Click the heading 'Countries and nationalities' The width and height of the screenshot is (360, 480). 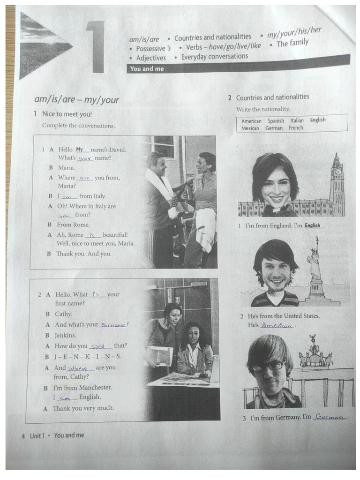[x=272, y=97]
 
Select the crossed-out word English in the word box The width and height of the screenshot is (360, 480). [x=317, y=120]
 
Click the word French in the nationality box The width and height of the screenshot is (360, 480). [x=296, y=127]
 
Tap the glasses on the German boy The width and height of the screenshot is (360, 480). [x=269, y=366]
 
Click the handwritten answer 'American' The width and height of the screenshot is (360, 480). [x=277, y=325]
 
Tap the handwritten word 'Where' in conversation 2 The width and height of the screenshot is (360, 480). [x=81, y=368]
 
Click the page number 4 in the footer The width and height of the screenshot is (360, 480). [x=23, y=436]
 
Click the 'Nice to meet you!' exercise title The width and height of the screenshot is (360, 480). [x=67, y=114]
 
